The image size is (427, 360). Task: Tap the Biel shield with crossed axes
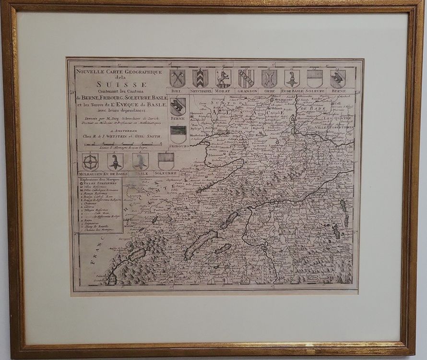click(177, 78)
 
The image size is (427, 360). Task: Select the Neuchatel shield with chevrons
click(200, 78)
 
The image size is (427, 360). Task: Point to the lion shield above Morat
click(223, 78)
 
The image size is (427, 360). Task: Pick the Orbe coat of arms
click(269, 78)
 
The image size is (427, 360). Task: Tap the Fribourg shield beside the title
click(178, 134)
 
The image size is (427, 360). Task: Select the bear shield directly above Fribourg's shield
click(178, 107)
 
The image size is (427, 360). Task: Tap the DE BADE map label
click(314, 108)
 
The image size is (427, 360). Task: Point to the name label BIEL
click(177, 91)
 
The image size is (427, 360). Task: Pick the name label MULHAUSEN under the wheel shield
click(90, 173)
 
